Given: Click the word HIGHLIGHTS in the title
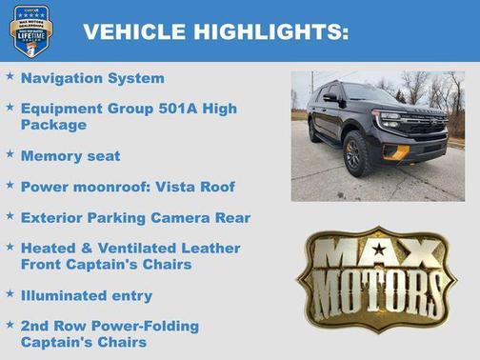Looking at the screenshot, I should (x=270, y=31).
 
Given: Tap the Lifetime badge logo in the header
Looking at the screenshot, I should (x=30, y=30).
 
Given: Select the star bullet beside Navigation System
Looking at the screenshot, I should (x=10, y=76).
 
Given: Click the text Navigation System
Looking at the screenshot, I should (x=92, y=78).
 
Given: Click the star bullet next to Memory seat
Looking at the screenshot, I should (x=10, y=152).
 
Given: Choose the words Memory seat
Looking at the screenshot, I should (x=70, y=154).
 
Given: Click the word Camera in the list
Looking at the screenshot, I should (x=191, y=217).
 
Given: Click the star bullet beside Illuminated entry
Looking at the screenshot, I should (x=10, y=292).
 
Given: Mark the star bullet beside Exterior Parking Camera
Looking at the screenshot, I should (x=10, y=215).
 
